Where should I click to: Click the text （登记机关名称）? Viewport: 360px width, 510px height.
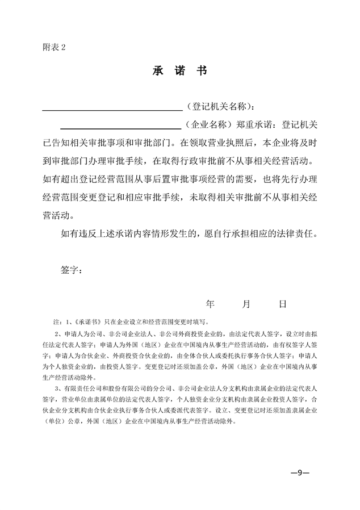pyautogui.click(x=219, y=106)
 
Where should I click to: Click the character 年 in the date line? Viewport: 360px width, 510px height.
pyautogui.click(x=210, y=304)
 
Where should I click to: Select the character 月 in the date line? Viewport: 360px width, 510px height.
pyautogui.click(x=246, y=304)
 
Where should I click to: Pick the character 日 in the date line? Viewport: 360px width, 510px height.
pyautogui.click(x=282, y=304)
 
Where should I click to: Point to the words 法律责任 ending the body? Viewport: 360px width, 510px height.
pyautogui.click(x=296, y=233)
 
